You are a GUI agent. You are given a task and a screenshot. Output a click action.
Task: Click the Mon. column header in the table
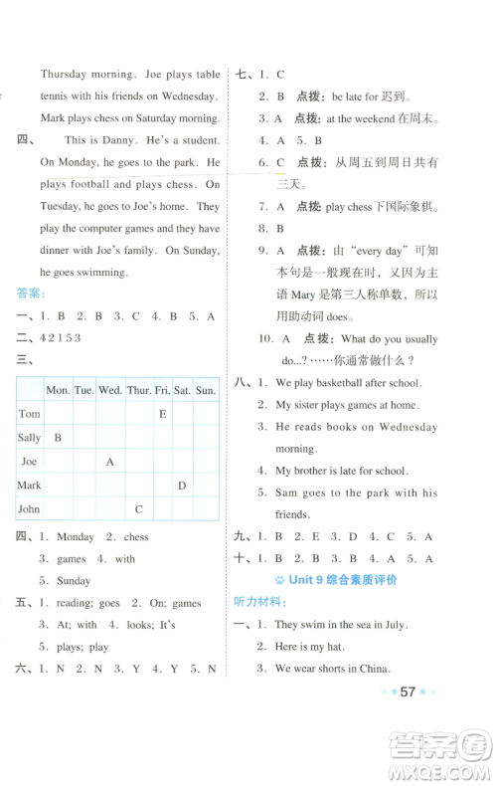(x=58, y=390)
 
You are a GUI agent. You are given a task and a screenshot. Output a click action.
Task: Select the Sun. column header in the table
(x=206, y=390)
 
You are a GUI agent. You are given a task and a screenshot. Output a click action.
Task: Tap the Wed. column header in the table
(x=110, y=390)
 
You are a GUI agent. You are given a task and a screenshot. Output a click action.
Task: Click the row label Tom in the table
(x=30, y=414)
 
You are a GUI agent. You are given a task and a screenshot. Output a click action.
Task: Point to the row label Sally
(x=30, y=438)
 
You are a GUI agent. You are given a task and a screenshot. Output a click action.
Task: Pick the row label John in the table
(x=31, y=509)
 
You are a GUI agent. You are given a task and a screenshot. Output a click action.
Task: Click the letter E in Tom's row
(x=162, y=414)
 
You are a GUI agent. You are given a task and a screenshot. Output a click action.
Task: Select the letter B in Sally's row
(x=58, y=438)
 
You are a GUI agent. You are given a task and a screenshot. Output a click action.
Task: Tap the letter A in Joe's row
(x=110, y=462)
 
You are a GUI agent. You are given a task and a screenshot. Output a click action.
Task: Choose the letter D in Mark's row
(x=182, y=486)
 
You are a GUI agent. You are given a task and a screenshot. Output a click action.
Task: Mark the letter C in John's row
(x=139, y=509)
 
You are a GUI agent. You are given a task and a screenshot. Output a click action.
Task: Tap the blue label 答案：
(x=31, y=294)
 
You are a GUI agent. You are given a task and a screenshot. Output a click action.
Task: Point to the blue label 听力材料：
(x=260, y=602)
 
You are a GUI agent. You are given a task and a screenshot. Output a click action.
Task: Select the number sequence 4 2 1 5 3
(x=64, y=337)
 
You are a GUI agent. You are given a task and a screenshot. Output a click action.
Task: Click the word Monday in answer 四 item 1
(x=76, y=537)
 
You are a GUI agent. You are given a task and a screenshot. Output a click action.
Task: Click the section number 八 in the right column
(x=240, y=382)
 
